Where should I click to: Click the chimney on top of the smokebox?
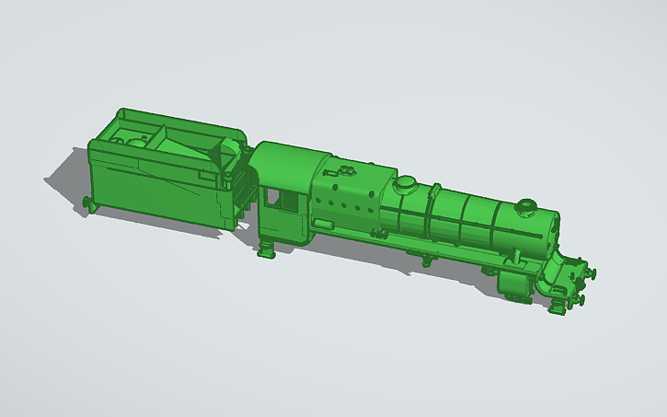pos(525,206)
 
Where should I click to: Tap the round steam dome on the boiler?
pos(405,183)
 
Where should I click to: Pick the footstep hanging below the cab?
pos(266,249)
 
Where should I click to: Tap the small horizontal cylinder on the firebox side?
pos(323,222)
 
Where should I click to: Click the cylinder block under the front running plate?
pos(514,284)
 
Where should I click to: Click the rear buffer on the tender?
pos(88,202)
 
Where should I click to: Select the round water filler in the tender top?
pos(135,143)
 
